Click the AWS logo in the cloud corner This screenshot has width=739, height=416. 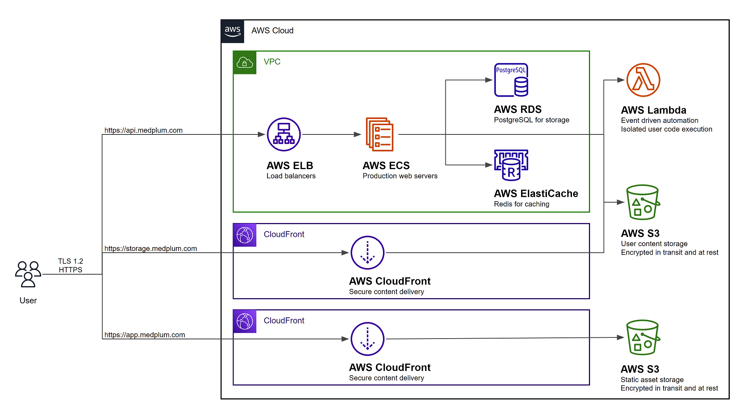[x=232, y=31]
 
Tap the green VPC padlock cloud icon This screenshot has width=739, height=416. [x=245, y=62]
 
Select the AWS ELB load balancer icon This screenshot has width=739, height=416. [x=284, y=134]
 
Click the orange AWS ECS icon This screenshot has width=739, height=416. [x=380, y=134]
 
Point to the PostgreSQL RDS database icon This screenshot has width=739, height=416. [x=511, y=80]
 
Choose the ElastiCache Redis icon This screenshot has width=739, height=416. [x=511, y=165]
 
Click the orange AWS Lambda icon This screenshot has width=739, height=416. [x=643, y=80]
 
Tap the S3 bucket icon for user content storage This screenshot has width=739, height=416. [x=643, y=202]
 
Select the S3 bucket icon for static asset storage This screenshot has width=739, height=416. [x=643, y=337]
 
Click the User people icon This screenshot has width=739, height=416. [x=28, y=274]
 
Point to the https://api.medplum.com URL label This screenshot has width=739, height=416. [x=143, y=130]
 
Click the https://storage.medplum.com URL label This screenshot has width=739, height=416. [x=150, y=248]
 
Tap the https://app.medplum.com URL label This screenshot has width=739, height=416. [x=144, y=335]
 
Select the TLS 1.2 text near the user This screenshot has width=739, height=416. [x=70, y=261]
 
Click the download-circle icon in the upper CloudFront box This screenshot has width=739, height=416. [x=367, y=253]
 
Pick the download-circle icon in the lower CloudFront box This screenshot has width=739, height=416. [x=367, y=339]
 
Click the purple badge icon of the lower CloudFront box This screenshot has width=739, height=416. [x=245, y=321]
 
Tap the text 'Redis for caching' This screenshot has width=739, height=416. [x=522, y=204]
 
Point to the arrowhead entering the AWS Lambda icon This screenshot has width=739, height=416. [x=620, y=80]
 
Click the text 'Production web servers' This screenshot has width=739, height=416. [x=400, y=176]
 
